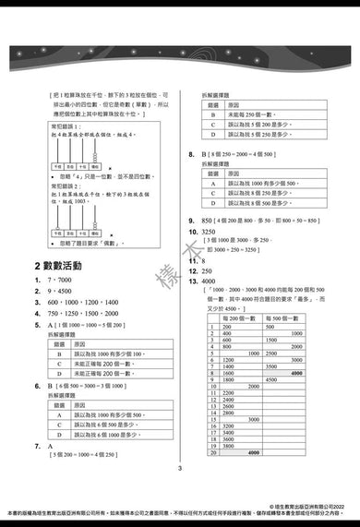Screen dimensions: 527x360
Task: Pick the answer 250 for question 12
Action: pyautogui.click(x=209, y=271)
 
